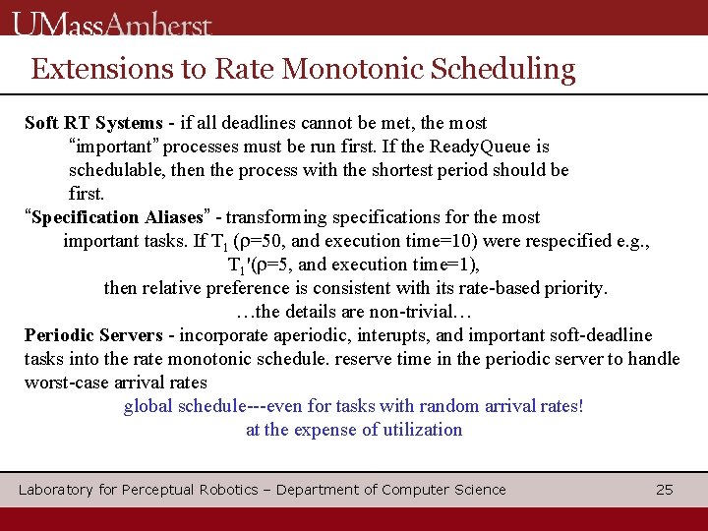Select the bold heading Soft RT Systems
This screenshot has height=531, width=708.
click(x=93, y=123)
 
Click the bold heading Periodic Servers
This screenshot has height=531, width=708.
click(x=94, y=335)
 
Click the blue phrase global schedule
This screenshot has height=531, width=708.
click(x=185, y=406)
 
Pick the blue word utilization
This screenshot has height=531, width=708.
click(x=419, y=430)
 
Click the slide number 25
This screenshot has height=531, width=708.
click(x=665, y=490)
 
